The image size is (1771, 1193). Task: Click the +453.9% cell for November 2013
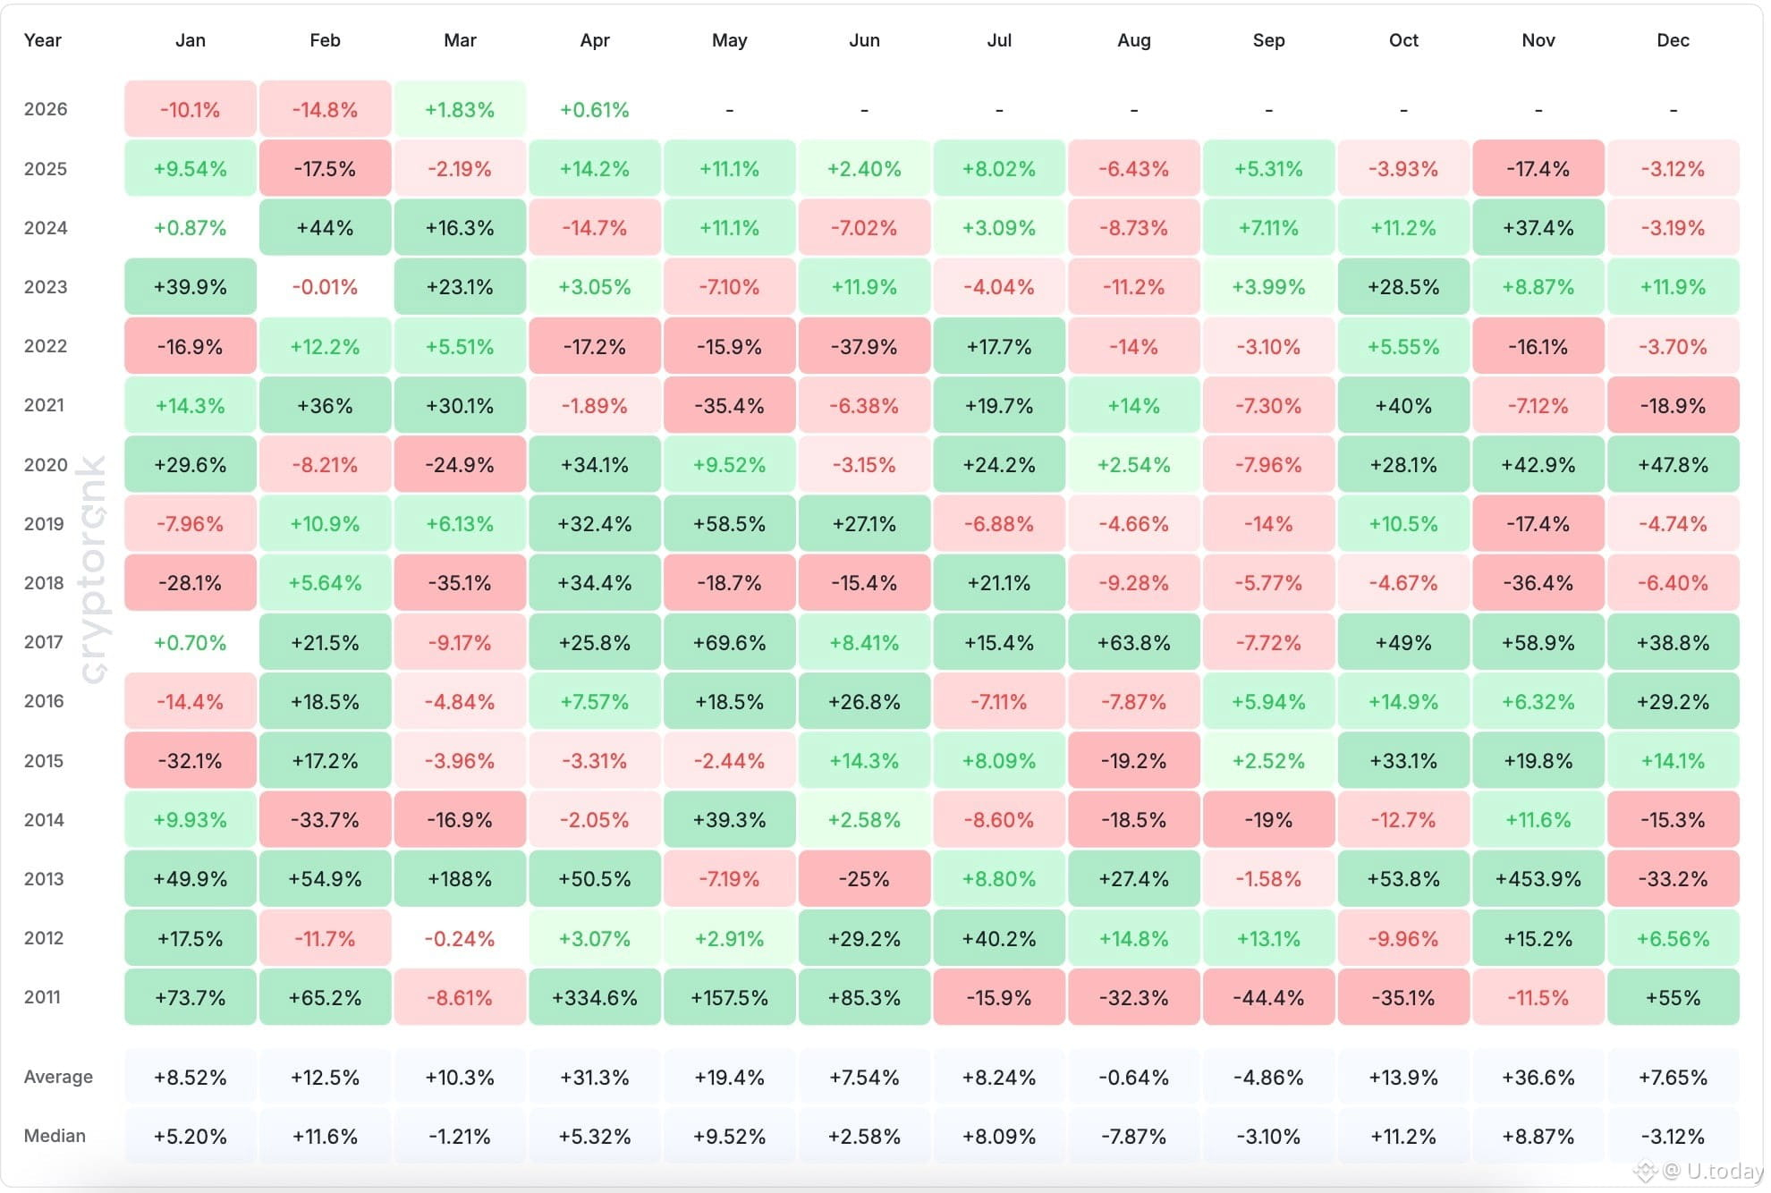[x=1538, y=879]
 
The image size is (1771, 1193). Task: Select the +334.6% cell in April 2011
[x=594, y=998]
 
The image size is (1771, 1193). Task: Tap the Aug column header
[x=1133, y=40]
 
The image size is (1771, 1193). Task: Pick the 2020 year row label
[x=46, y=465]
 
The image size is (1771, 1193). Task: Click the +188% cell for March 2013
[x=460, y=879]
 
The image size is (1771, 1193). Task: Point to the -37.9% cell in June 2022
[x=864, y=347]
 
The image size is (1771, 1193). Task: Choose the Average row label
[x=58, y=1077]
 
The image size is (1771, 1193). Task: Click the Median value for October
[x=1402, y=1137]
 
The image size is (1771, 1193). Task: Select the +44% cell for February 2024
[x=325, y=228]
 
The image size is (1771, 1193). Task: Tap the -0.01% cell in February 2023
[x=325, y=287]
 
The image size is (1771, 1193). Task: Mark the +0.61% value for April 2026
[x=594, y=110]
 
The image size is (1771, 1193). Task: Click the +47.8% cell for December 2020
[x=1673, y=465]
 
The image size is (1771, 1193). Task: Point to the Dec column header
[x=1673, y=40]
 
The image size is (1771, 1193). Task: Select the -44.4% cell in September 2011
[x=1268, y=998]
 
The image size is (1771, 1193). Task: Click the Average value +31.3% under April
[x=594, y=1078]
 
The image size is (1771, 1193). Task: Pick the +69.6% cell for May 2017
[x=729, y=643]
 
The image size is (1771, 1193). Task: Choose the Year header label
[x=42, y=40]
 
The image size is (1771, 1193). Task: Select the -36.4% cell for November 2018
[x=1538, y=583]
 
